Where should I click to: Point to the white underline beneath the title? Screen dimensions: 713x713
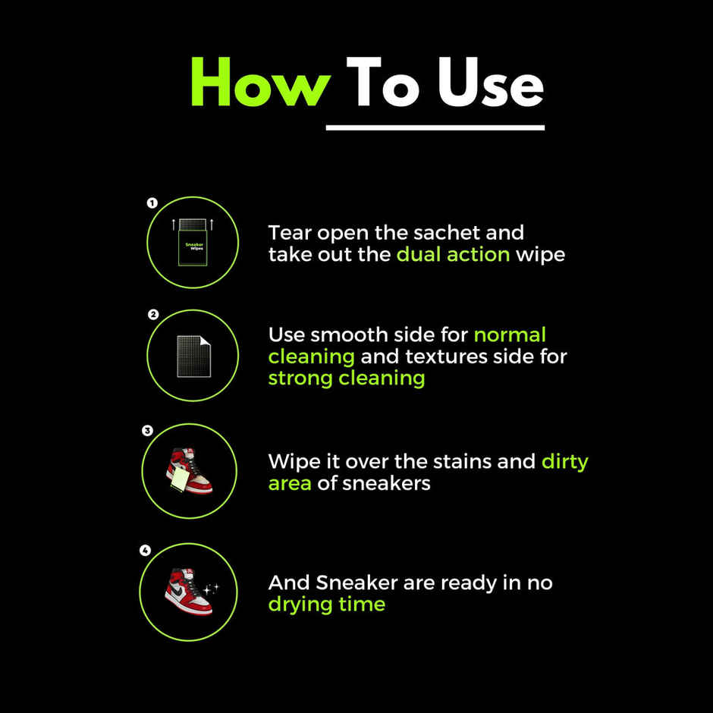(x=435, y=127)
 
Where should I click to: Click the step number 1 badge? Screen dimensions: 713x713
(x=152, y=203)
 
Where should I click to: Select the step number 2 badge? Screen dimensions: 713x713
(x=152, y=314)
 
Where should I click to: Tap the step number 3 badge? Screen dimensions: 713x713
(x=147, y=430)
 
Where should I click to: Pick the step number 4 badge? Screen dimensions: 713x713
(x=145, y=551)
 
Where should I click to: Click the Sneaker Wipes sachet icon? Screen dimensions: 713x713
(x=193, y=242)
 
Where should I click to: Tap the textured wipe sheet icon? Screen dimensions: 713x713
(x=193, y=355)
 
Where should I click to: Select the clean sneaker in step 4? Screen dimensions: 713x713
(x=187, y=591)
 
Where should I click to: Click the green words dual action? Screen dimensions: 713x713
(x=453, y=254)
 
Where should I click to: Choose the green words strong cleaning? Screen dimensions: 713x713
(x=346, y=378)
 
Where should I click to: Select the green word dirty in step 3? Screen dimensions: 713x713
(x=564, y=461)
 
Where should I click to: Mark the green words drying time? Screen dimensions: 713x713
(x=326, y=605)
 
